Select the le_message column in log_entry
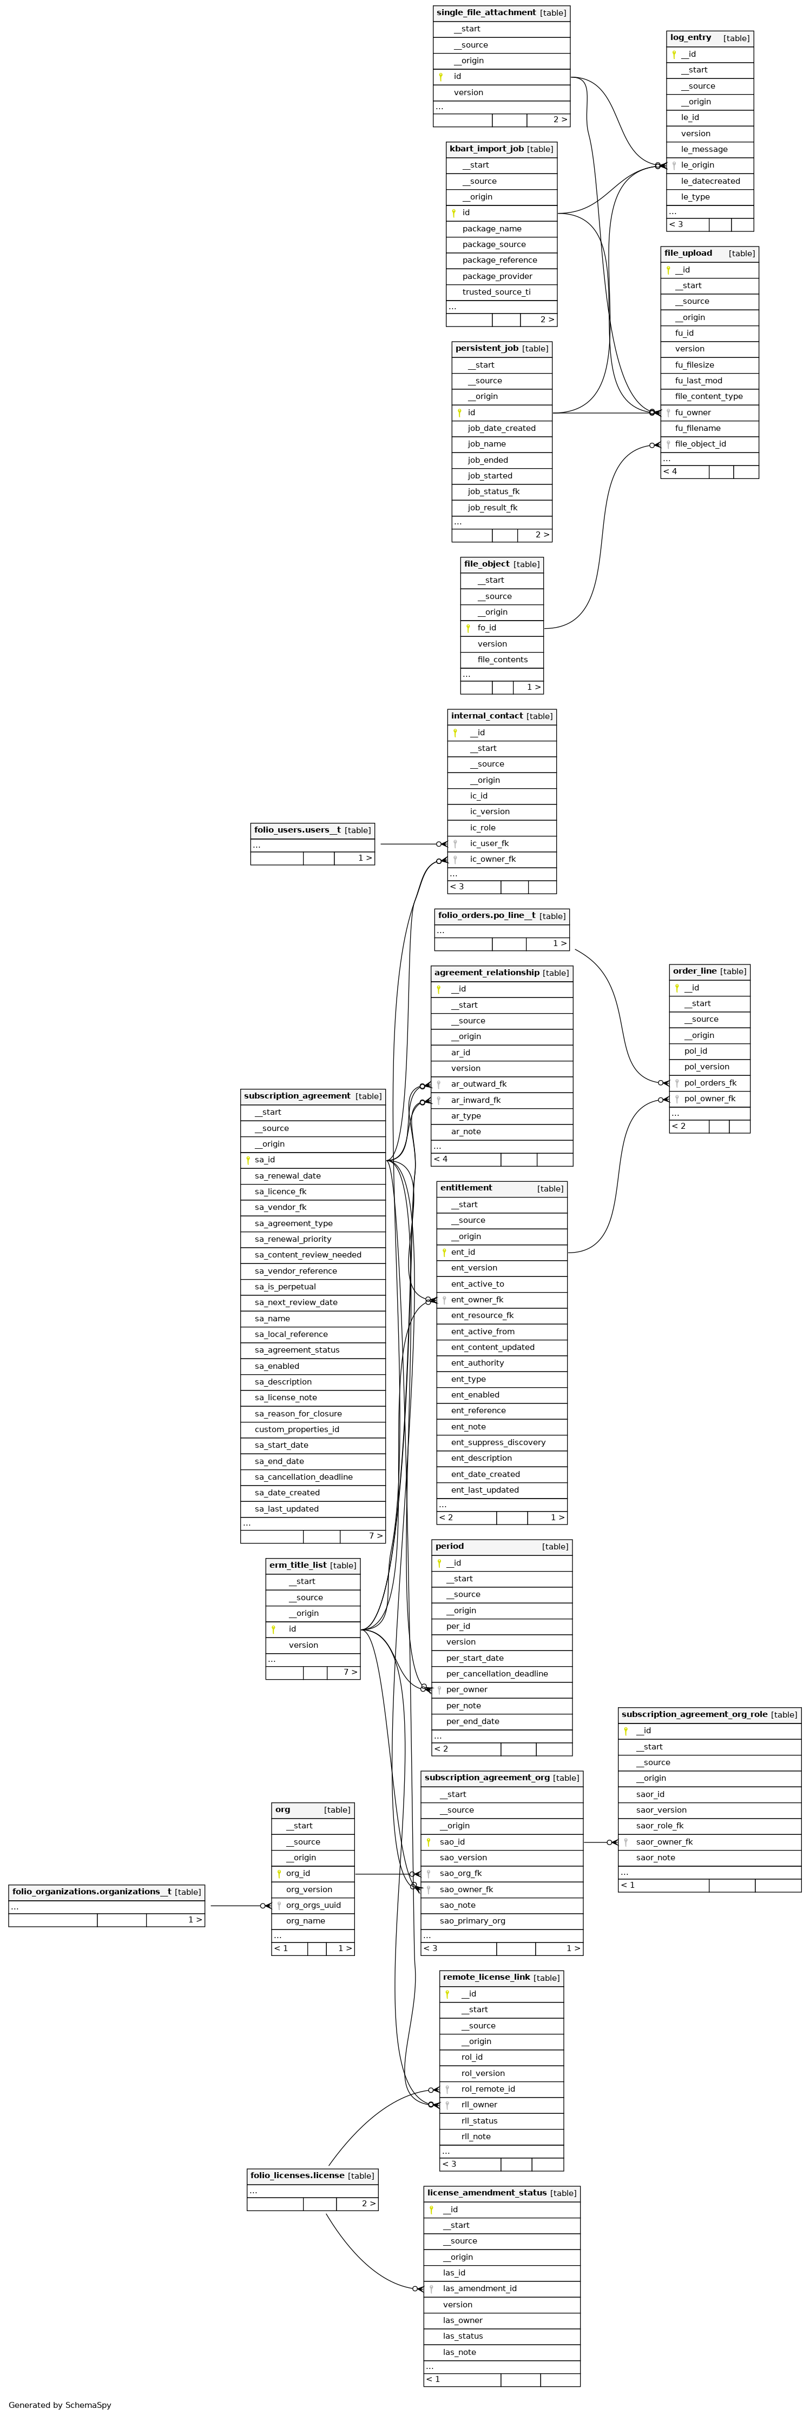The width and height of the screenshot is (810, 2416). pyautogui.click(x=704, y=149)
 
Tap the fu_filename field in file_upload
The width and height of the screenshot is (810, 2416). pyautogui.click(x=697, y=428)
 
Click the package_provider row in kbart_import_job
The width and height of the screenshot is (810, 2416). pyautogui.click(x=497, y=276)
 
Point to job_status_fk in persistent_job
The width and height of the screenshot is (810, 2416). pyautogui.click(x=493, y=491)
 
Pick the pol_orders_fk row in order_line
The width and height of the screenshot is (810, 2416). pyautogui.click(x=709, y=1082)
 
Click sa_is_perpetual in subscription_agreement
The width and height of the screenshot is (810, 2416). pyautogui.click(x=285, y=1287)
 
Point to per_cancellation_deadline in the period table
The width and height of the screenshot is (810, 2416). pyautogui.click(x=497, y=1673)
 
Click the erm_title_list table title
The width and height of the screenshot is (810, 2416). pyautogui.click(x=298, y=1565)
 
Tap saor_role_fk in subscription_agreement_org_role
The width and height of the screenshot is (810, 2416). pyautogui.click(x=660, y=1825)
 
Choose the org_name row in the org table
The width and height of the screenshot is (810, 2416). pyautogui.click(x=305, y=1921)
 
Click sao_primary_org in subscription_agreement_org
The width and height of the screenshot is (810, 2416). pyautogui.click(x=472, y=1921)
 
